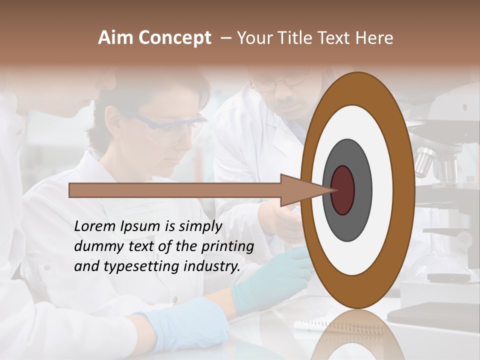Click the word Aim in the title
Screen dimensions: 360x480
pos(116,38)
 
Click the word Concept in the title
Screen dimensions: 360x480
pos(175,38)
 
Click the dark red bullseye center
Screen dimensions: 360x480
pos(343,190)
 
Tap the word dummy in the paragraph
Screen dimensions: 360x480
pos(95,246)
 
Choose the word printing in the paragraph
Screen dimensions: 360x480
pos(227,247)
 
